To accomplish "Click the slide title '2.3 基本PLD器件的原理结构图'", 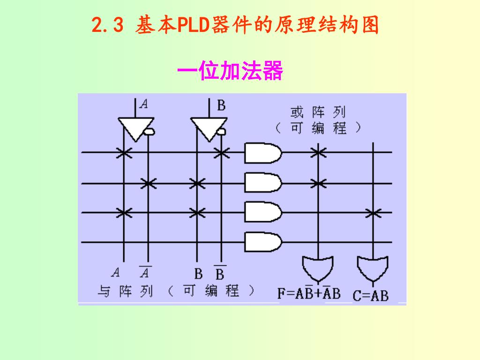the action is (x=235, y=25).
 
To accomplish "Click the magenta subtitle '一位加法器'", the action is (x=230, y=72).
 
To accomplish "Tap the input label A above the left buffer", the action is (x=144, y=105).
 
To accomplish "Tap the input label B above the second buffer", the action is (x=221, y=105).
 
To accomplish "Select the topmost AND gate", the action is (x=262, y=153).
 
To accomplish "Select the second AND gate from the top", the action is (x=262, y=183).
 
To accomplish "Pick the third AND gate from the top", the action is (x=262, y=212).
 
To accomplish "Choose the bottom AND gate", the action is (x=262, y=242).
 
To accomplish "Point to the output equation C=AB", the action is (x=370, y=296).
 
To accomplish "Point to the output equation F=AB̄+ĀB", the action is (x=309, y=294).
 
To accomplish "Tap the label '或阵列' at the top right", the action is (x=317, y=112).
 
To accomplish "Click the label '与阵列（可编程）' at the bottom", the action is (x=176, y=291).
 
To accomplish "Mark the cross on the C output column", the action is (x=373, y=213).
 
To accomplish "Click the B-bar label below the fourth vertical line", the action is (x=219, y=273).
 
